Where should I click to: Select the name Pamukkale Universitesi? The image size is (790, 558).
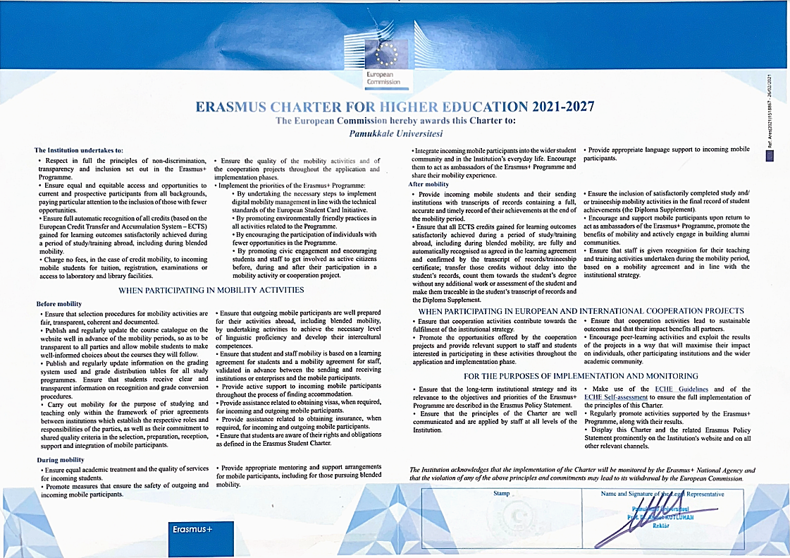(395, 132)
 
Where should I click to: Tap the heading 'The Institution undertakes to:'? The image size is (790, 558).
(79, 150)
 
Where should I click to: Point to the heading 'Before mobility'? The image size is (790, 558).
(60, 304)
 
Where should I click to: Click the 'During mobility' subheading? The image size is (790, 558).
(60, 460)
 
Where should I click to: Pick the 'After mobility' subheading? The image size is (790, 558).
(429, 184)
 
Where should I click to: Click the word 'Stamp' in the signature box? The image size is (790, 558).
(501, 494)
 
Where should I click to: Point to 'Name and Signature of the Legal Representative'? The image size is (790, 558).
(662, 494)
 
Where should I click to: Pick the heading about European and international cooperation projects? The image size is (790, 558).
(581, 310)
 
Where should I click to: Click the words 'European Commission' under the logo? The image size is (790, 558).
(383, 78)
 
